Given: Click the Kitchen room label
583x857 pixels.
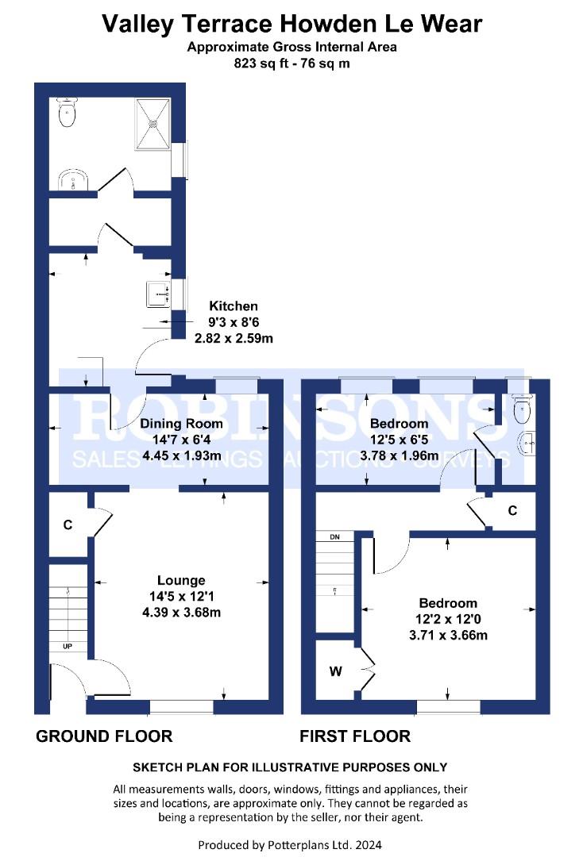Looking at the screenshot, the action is (234, 306).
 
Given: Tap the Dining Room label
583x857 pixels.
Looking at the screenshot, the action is (182, 424).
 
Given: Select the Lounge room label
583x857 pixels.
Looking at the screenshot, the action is (182, 580).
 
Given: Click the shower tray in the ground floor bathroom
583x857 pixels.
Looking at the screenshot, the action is (153, 124).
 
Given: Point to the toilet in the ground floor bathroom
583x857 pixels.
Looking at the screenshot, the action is (68, 112).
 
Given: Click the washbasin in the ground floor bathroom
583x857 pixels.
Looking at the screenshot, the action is (73, 179).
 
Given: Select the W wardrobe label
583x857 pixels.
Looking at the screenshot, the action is (336, 671).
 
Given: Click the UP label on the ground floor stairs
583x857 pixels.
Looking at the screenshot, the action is (68, 647).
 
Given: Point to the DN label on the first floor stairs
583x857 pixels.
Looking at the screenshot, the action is (334, 537).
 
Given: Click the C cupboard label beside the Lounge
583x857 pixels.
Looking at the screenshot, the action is (68, 525).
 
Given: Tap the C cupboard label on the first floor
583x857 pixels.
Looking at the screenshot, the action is (512, 510).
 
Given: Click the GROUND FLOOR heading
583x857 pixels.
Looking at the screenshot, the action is (105, 736).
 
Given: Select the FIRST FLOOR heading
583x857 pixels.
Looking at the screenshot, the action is (355, 736).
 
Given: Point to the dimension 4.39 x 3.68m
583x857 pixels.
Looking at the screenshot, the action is (182, 612).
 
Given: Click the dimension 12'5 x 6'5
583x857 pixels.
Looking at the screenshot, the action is (400, 440).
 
